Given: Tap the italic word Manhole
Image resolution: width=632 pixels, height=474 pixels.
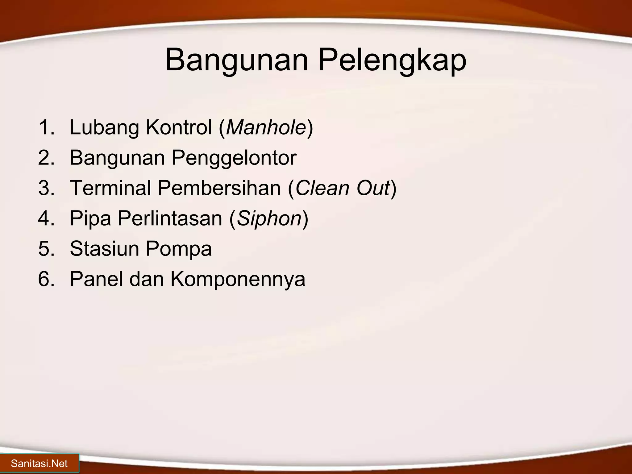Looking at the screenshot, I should point(266,127).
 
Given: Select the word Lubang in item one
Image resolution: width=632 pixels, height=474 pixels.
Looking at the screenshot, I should point(104,127).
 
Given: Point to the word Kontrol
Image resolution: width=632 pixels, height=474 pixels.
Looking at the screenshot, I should point(179,127).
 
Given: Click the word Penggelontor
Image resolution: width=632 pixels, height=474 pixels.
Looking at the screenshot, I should point(234,158).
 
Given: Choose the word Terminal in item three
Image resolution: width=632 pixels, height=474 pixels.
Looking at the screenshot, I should point(110,188).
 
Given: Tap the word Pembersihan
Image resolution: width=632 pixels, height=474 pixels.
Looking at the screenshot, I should point(219,188).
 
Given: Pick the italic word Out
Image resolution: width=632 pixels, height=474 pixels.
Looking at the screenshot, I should point(374,188).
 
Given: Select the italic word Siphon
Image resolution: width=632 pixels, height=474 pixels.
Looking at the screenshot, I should point(269,218).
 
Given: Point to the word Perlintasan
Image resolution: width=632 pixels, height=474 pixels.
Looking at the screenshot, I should point(170,218).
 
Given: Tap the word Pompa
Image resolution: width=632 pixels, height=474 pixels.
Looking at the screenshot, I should point(179,249).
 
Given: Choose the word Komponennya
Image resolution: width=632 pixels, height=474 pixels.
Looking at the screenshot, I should point(238,279).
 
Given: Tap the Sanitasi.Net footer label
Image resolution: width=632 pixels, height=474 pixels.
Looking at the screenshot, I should point(39,464).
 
